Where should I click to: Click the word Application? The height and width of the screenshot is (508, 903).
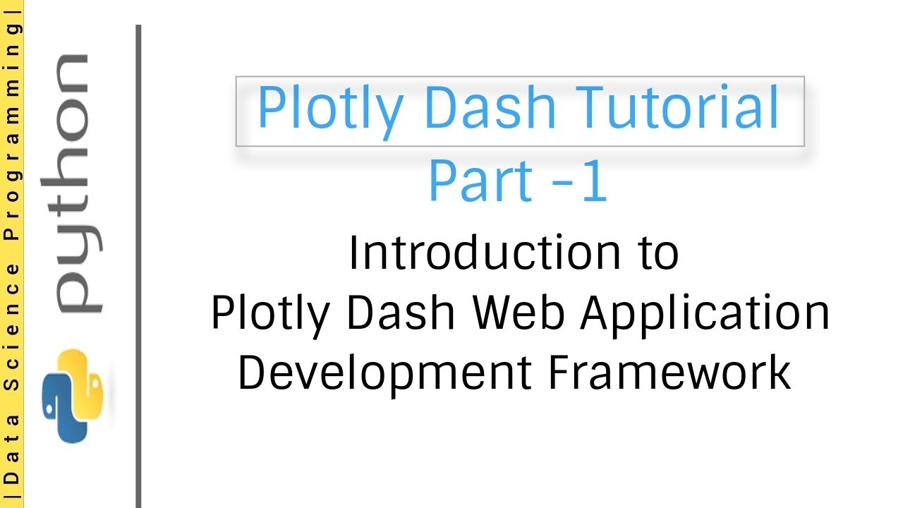click(x=705, y=315)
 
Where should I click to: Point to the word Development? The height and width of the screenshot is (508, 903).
click(x=384, y=374)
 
